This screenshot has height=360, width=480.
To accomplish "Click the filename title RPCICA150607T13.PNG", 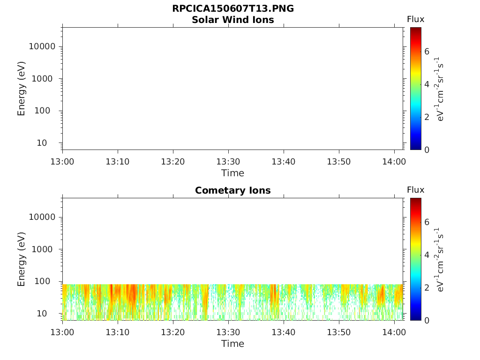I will (x=233, y=8).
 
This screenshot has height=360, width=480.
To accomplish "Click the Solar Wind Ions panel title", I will (x=233, y=20).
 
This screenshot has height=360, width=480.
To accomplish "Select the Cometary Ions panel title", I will (x=233, y=190).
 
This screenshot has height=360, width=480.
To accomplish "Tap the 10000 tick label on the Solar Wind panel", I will (x=42, y=46).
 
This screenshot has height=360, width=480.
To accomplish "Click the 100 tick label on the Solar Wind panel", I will (x=46, y=111).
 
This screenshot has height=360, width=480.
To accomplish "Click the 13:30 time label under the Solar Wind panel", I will (x=228, y=162).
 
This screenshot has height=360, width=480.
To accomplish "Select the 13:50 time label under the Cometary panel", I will (x=339, y=332).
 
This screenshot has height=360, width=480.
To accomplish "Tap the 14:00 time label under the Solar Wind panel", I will (x=394, y=162).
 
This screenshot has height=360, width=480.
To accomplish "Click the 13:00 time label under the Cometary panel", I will (x=62, y=332).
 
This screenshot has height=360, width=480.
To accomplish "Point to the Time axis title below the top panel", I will (x=233, y=173).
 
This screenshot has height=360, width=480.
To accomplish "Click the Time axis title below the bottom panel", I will (x=233, y=344).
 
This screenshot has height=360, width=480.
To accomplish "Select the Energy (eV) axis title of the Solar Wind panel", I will (x=22, y=88).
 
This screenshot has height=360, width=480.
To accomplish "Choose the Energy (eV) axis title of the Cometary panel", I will (x=22, y=259).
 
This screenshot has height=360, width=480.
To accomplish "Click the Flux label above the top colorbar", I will (x=415, y=19).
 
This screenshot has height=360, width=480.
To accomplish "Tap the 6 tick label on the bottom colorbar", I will (x=427, y=222).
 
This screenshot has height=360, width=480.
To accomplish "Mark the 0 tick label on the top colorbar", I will (x=427, y=150).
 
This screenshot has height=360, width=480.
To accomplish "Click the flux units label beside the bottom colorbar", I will (x=440, y=259).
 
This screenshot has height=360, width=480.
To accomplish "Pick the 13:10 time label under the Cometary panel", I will (x=118, y=332).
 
